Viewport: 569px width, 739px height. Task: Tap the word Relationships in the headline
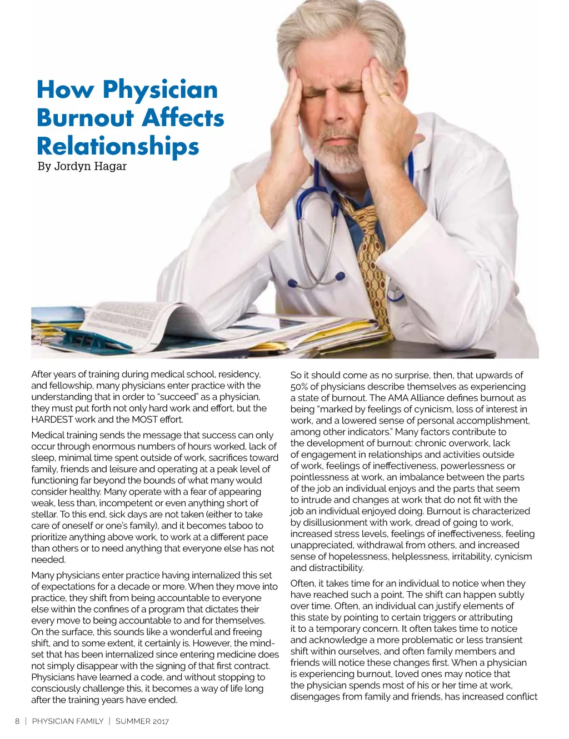coord(117,146)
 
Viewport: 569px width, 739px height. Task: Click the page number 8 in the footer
coord(17,721)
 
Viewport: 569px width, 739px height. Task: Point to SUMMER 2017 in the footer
coord(142,721)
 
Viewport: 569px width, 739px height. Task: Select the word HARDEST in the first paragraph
coord(52,420)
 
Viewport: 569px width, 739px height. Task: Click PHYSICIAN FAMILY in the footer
coord(68,721)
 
